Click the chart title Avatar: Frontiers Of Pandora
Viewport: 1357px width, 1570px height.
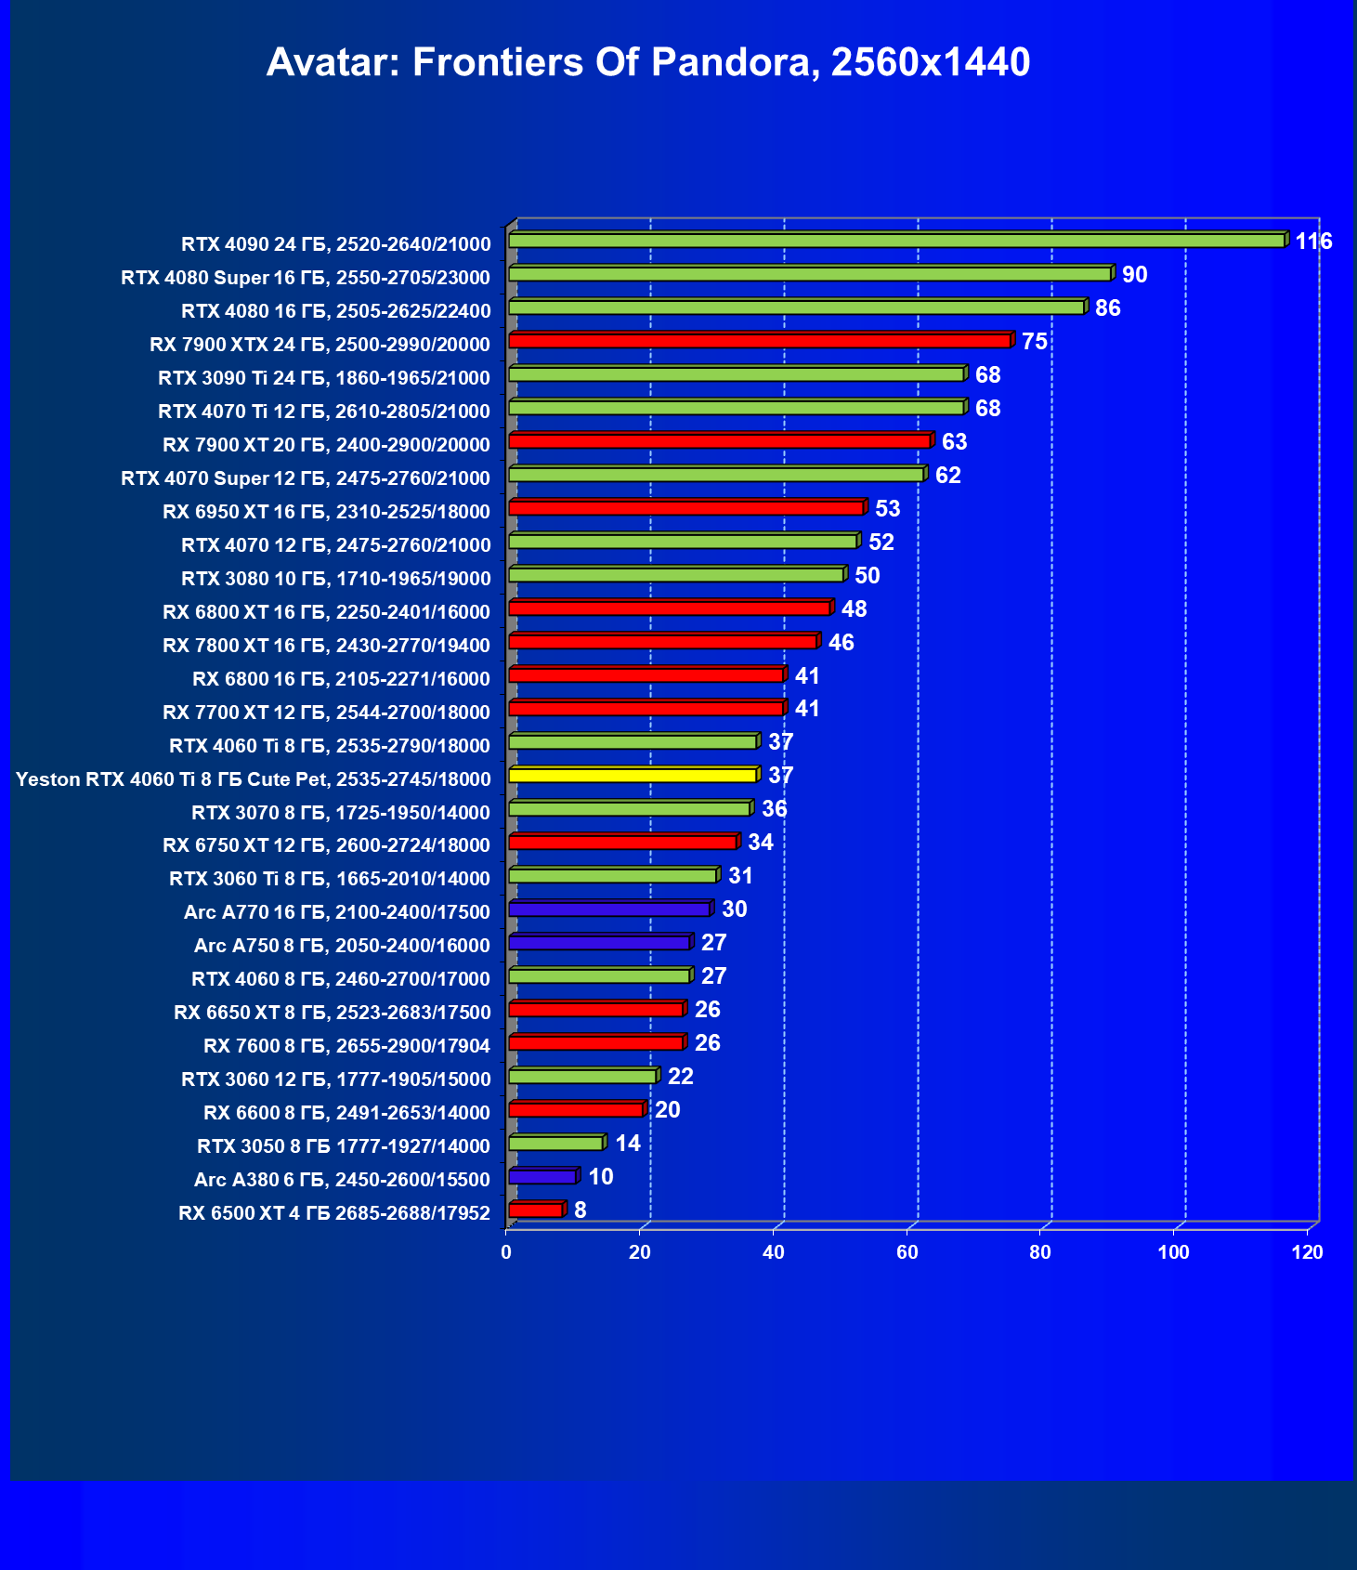coord(647,63)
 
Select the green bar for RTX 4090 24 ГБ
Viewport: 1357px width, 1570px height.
coord(896,242)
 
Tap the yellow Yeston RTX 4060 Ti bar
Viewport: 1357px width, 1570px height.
coord(633,776)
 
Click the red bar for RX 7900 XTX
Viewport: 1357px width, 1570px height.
coord(759,342)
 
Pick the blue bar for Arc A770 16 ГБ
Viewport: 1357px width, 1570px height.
coord(609,909)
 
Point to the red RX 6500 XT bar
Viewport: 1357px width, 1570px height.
coord(536,1210)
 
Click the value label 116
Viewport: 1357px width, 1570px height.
coord(1313,242)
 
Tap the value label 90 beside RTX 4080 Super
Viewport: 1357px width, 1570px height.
coord(1134,275)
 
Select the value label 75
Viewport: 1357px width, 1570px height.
coord(1034,342)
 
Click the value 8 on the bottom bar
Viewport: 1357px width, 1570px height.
coord(581,1210)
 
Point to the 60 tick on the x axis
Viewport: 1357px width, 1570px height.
coord(907,1252)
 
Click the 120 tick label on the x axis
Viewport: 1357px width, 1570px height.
coord(1307,1252)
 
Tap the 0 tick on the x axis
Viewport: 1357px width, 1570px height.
coord(506,1252)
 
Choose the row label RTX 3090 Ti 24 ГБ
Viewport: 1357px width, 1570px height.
coord(324,378)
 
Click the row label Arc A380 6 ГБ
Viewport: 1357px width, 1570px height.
coord(342,1180)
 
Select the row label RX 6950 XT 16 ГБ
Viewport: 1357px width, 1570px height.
coord(326,512)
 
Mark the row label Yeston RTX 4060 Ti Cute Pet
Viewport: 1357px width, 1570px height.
coord(253,779)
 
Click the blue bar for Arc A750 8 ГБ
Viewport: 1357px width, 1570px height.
coord(599,943)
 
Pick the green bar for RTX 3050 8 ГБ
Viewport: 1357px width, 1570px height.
coord(555,1144)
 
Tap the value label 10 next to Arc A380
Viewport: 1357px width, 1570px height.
coord(601,1177)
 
